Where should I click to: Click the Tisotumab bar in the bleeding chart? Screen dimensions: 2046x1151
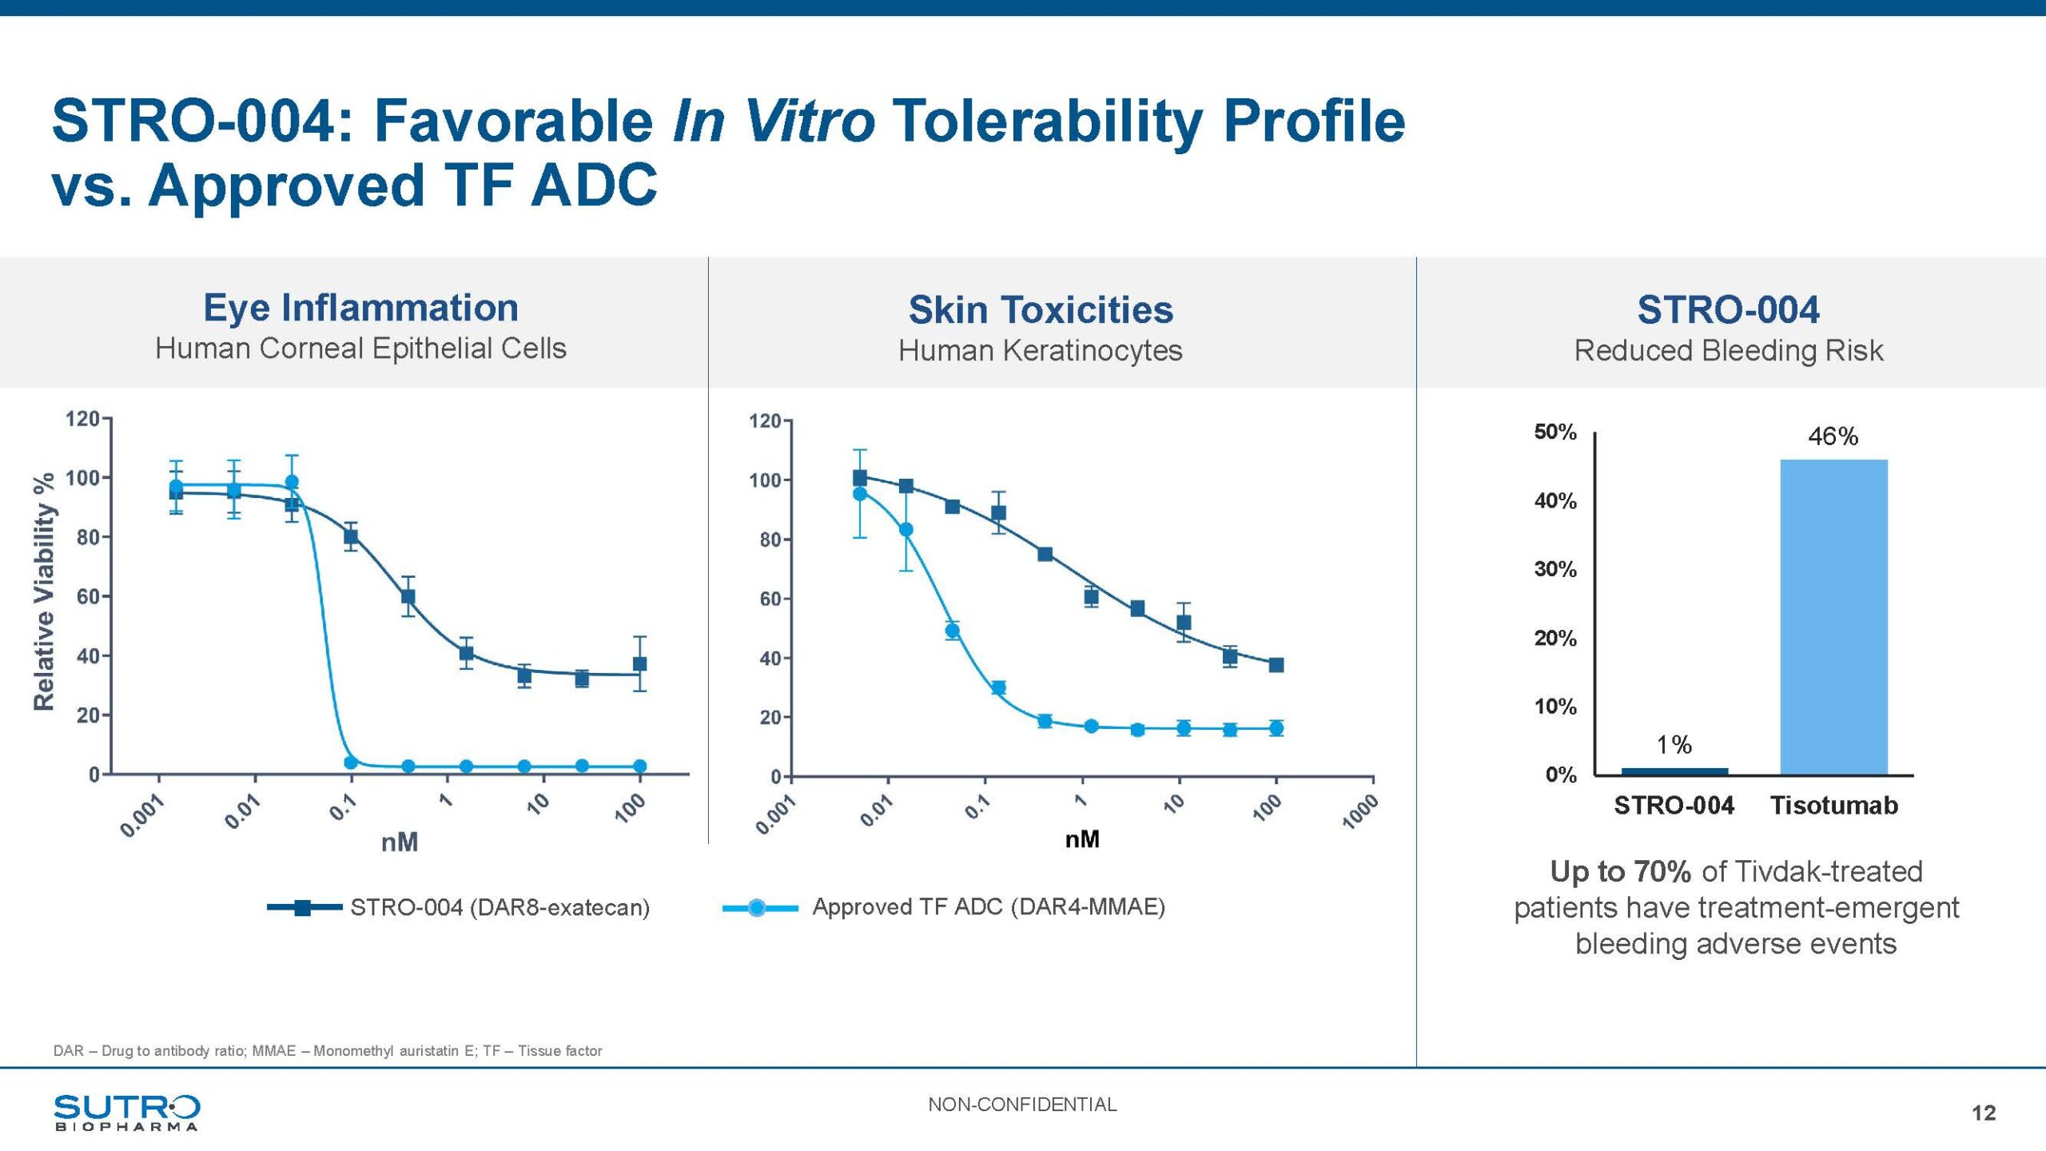tap(1833, 616)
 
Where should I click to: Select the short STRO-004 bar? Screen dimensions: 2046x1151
tap(1674, 771)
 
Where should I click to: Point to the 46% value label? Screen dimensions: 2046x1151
tap(1833, 436)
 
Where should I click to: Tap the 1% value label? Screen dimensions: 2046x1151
tap(1674, 745)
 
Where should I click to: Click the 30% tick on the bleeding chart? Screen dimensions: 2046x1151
tap(1555, 569)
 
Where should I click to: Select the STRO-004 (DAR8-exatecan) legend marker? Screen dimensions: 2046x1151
tap(303, 907)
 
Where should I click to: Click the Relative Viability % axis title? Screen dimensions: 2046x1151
tap(44, 591)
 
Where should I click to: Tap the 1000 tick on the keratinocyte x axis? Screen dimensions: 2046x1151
tap(1359, 812)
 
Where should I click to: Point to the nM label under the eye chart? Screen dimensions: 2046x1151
tap(400, 842)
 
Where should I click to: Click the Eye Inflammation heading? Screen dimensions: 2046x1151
tap(360, 308)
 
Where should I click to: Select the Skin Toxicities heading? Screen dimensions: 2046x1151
tap(1041, 309)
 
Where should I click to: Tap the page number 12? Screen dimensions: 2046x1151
tap(1984, 1113)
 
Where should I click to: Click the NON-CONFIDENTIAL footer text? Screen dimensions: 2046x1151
tap(1022, 1105)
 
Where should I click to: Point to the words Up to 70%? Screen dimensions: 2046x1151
tap(1620, 871)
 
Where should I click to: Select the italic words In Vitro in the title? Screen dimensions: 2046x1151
tap(774, 121)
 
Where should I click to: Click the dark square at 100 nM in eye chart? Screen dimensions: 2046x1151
tap(639, 663)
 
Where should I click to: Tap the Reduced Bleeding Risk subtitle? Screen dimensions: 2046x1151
tap(1728, 350)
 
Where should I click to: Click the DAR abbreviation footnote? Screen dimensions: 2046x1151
tap(328, 1051)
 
